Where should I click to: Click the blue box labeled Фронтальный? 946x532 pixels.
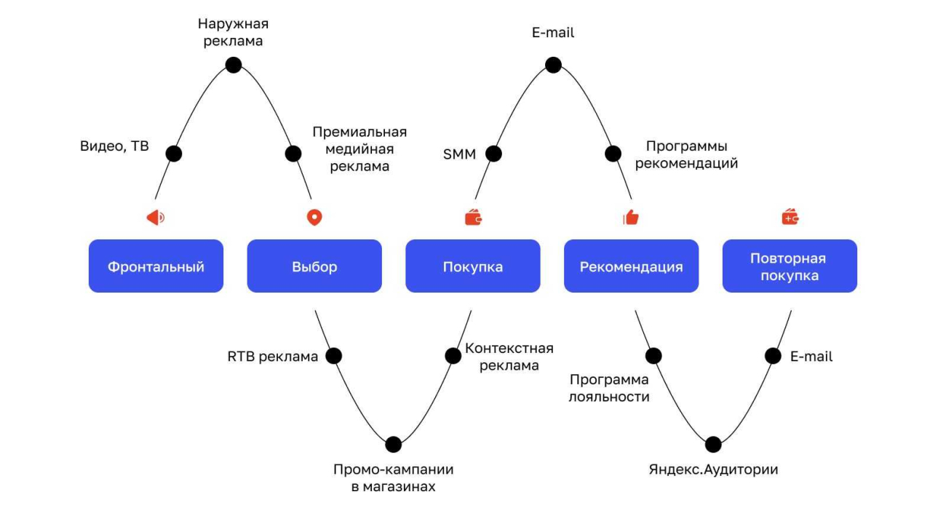point(156,266)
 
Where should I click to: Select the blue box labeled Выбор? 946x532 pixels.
point(314,266)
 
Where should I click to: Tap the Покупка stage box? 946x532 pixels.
point(473,266)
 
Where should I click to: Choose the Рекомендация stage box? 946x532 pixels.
point(631,266)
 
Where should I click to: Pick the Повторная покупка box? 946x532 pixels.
point(790,266)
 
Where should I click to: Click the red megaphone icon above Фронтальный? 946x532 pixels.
point(156,217)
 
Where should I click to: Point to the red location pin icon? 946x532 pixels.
point(314,217)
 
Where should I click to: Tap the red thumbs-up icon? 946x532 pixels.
point(631,217)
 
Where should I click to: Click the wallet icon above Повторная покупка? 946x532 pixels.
point(790,217)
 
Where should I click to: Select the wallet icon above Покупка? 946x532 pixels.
point(474,217)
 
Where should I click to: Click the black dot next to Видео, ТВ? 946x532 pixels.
point(174,154)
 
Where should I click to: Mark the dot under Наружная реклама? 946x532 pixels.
point(234,65)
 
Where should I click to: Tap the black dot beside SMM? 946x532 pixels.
point(494,154)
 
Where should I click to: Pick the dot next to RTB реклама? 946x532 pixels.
point(333,356)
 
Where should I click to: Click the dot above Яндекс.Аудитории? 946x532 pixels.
point(713,444)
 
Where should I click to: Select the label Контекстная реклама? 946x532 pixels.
point(509,357)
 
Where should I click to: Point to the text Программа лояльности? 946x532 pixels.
point(610,388)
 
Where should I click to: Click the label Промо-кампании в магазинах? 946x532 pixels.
point(393,478)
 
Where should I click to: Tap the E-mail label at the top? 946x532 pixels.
point(553,33)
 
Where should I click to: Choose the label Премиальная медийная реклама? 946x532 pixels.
point(359,149)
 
